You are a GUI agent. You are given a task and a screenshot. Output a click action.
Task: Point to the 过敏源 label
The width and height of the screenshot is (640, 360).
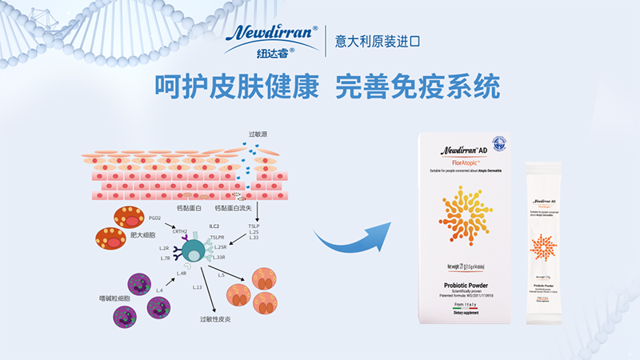click(259, 135)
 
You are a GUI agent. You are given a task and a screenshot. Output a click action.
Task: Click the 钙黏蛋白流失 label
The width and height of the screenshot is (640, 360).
click(231, 208)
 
